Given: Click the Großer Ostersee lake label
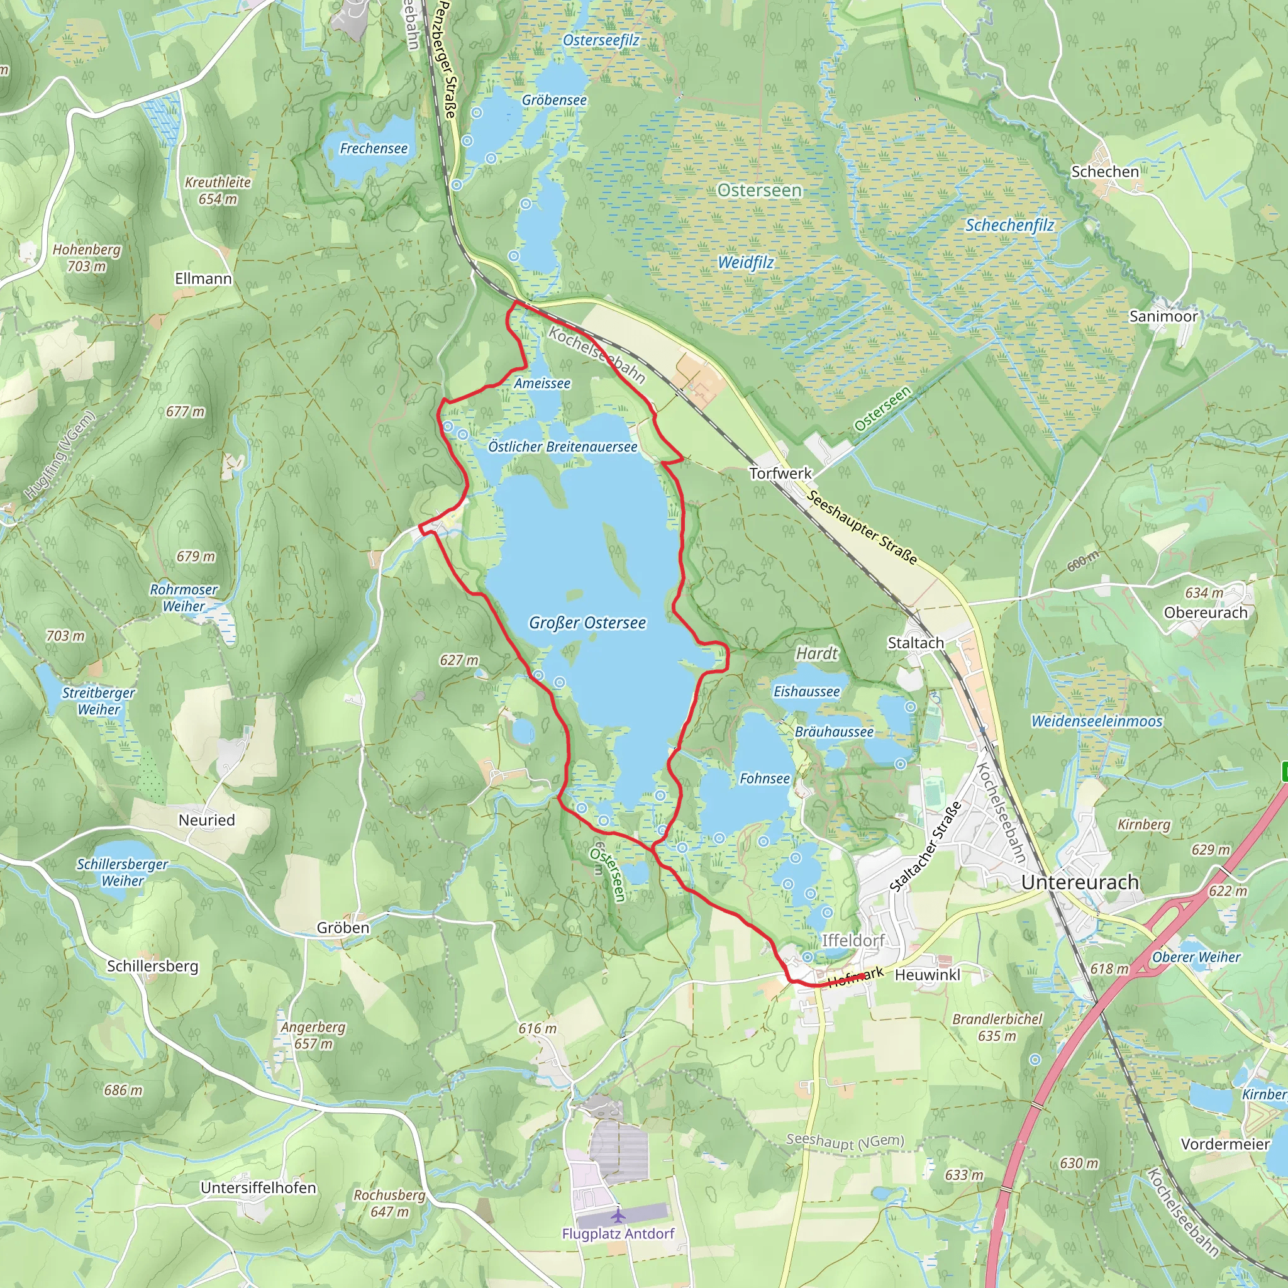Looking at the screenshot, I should tap(587, 623).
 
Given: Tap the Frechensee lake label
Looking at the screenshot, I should tap(374, 148).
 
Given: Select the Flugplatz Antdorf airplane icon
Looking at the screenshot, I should tap(619, 1214).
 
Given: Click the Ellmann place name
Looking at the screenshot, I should tap(203, 279).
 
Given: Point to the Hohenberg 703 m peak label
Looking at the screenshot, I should tap(87, 257).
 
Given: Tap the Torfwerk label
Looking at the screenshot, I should tap(780, 474).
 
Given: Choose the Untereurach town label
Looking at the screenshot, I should tap(1079, 882).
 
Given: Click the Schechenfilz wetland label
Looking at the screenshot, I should tap(1009, 225).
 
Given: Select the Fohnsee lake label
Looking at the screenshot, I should tap(764, 779).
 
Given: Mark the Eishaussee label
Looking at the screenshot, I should tap(806, 691).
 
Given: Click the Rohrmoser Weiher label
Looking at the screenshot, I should tap(184, 597).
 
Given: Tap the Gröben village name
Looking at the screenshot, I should tap(343, 928).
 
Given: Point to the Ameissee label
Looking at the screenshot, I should tap(541, 384).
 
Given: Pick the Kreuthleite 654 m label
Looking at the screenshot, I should tap(218, 190).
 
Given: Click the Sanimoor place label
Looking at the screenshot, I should tap(1163, 316).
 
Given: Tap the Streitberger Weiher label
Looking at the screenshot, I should tap(99, 701).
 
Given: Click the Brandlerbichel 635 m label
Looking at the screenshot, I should tap(997, 1028).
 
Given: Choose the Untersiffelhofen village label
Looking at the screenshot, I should tap(258, 1187).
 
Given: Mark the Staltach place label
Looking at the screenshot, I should tap(915, 643).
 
